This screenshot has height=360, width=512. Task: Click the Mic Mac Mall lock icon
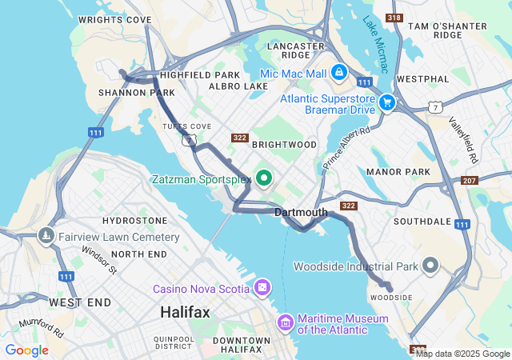(x=339, y=73)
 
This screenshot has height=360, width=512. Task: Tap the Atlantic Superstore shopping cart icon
(x=388, y=102)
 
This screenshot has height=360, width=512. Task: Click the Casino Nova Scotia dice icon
(x=262, y=287)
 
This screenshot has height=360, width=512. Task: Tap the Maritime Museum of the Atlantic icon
(x=285, y=323)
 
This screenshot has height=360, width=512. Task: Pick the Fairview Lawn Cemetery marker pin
(x=45, y=236)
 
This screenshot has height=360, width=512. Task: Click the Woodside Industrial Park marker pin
(x=431, y=265)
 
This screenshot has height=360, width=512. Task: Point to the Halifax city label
(x=185, y=312)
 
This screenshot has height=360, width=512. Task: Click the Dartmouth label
(x=301, y=212)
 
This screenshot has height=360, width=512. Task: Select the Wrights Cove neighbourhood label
(x=114, y=18)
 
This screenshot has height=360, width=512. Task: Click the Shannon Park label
(x=125, y=92)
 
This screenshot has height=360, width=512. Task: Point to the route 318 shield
(x=394, y=18)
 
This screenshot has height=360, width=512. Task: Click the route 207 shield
(x=470, y=181)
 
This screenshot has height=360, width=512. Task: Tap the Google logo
(x=26, y=350)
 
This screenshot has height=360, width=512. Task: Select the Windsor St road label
(x=100, y=259)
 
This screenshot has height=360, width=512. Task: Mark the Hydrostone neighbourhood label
(x=135, y=220)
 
